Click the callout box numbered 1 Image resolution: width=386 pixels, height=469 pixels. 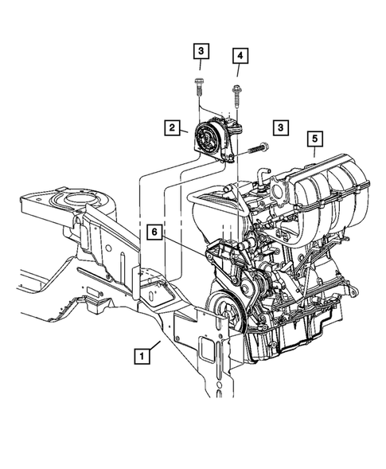tap(141, 357)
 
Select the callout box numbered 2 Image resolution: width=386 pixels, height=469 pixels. tap(171, 127)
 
